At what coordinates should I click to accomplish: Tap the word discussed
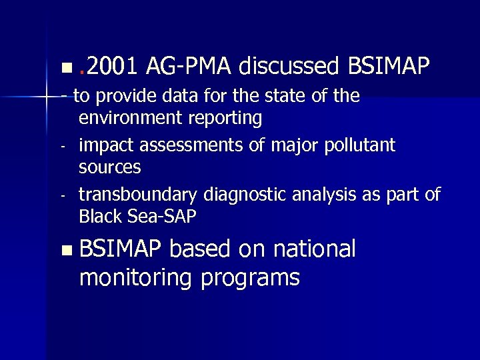tap(289, 66)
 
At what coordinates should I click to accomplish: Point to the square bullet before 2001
tap(64, 68)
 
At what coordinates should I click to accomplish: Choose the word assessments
tap(179, 145)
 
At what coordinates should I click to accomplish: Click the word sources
tap(109, 167)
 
